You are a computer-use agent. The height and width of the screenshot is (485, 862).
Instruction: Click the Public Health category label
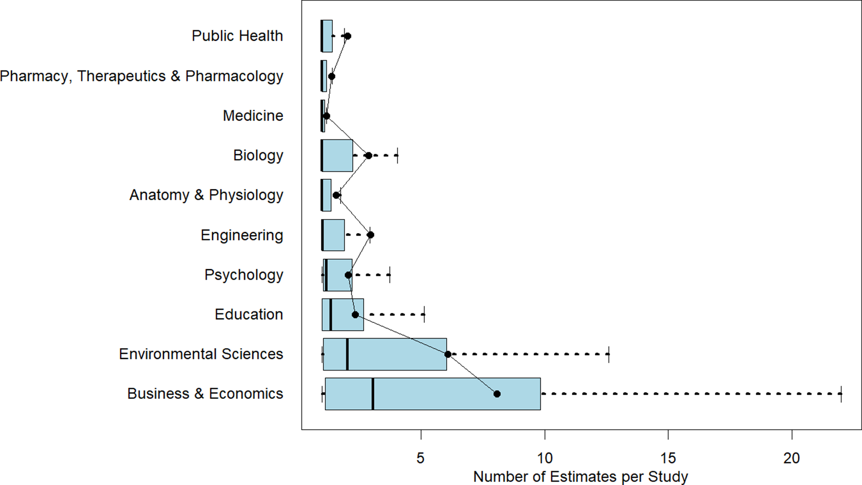(237, 36)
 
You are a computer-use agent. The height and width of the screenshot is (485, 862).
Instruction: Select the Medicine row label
(253, 116)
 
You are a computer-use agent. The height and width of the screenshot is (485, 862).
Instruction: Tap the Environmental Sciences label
(201, 354)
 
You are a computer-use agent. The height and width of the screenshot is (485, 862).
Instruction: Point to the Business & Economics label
(205, 394)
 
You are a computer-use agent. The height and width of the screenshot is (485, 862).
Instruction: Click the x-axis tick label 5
(421, 458)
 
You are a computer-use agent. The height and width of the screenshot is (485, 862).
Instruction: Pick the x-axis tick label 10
(544, 458)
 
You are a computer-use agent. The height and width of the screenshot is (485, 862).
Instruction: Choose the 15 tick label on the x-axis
(668, 458)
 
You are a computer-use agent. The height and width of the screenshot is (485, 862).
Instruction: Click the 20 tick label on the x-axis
(791, 458)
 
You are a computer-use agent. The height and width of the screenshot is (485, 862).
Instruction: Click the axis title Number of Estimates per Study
(580, 477)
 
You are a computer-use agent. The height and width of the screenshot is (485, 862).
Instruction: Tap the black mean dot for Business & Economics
(497, 394)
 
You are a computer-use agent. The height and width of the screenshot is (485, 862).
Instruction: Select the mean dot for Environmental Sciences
(448, 354)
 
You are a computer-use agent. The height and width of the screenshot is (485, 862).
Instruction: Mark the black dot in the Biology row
(368, 156)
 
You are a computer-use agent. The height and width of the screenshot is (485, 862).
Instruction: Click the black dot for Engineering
(370, 235)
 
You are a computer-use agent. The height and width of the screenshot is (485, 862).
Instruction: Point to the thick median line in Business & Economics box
(372, 394)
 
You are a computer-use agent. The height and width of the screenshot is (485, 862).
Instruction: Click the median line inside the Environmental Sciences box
(347, 354)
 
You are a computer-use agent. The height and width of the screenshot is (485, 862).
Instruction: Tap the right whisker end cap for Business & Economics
(841, 394)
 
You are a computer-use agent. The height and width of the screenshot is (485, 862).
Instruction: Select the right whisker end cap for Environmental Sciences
(609, 354)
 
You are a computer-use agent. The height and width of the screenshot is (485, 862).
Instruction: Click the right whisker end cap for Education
(424, 314)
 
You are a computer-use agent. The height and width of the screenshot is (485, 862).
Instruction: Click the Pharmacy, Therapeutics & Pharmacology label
(142, 76)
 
